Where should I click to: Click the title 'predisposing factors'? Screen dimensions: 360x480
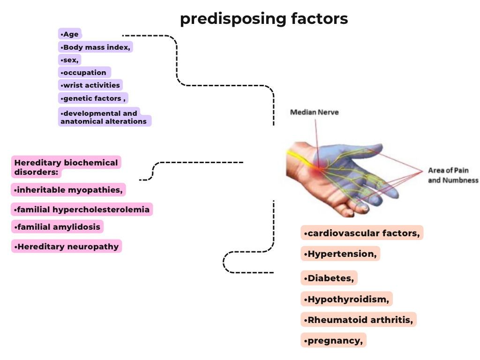[264, 19]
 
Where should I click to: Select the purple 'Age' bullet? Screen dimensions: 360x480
[70, 34]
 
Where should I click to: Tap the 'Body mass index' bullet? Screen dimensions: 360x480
[96, 47]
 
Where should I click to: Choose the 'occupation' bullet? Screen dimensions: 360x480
[84, 72]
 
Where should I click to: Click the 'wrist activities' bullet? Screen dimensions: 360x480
[90, 85]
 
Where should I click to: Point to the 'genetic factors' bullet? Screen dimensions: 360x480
[93, 98]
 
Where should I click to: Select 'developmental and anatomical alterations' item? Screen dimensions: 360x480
[104, 117]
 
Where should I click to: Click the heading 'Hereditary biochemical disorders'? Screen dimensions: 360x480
[66, 167]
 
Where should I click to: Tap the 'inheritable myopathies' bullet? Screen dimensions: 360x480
[68, 190]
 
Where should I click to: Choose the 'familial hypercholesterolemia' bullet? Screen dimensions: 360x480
[82, 209]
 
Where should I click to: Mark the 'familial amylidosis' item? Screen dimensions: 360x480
[57, 227]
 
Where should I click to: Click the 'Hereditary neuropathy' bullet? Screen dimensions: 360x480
[67, 246]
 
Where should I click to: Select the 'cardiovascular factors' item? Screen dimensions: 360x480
[361, 233]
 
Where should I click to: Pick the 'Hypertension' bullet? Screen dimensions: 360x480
[340, 254]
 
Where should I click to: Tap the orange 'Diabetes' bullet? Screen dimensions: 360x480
[329, 278]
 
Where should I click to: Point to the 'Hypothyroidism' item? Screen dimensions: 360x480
[346, 299]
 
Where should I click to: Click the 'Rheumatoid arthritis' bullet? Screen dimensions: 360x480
[359, 320]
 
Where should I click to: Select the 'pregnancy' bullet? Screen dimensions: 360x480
[333, 340]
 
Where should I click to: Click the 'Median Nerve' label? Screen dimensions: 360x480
[314, 112]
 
